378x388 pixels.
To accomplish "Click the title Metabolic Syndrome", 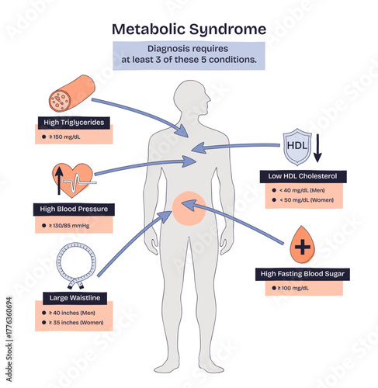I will tap(189, 29).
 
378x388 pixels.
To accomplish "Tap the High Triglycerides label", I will tap(75, 122).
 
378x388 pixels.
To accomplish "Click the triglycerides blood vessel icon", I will tap(72, 93).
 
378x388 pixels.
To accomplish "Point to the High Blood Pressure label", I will tap(75, 209).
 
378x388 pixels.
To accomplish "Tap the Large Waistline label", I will tap(75, 296).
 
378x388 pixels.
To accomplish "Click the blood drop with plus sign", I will tap(301, 248).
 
